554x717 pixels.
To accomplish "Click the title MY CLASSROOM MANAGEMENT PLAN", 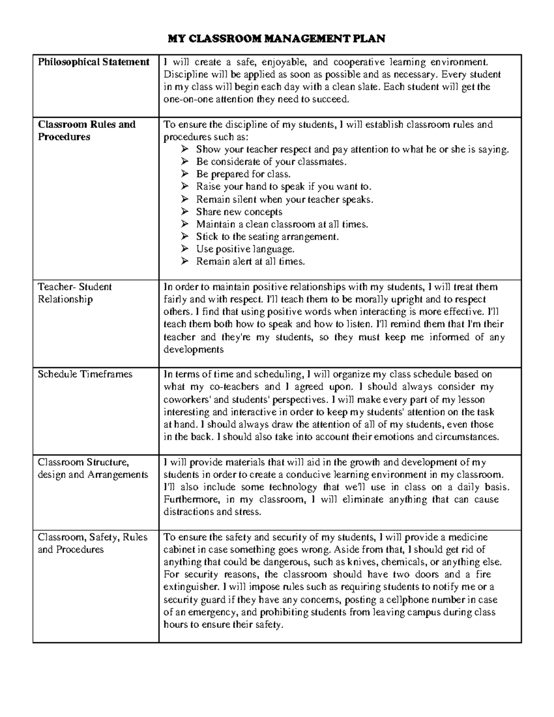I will click(x=276, y=38).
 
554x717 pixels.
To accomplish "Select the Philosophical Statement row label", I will click(x=94, y=62).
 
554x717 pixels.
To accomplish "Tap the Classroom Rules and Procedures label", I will click(x=87, y=131).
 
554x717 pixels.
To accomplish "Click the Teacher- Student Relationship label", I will click(x=74, y=293).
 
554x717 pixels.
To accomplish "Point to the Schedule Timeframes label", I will click(x=85, y=374).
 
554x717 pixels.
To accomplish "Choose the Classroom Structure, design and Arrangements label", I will click(x=92, y=468).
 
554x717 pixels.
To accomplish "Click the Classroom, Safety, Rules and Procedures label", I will click(x=92, y=543).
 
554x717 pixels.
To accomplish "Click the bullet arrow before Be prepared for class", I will click(x=185, y=174).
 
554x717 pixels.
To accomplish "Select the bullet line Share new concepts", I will click(x=239, y=212).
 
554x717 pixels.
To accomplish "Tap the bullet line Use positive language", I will click(x=245, y=249).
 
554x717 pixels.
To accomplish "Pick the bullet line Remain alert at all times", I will click(x=250, y=262).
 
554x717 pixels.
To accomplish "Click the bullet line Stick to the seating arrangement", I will click(x=267, y=237).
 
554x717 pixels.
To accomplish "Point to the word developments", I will click(x=193, y=349).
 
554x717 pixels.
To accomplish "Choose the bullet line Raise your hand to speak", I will click(x=283, y=187).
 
